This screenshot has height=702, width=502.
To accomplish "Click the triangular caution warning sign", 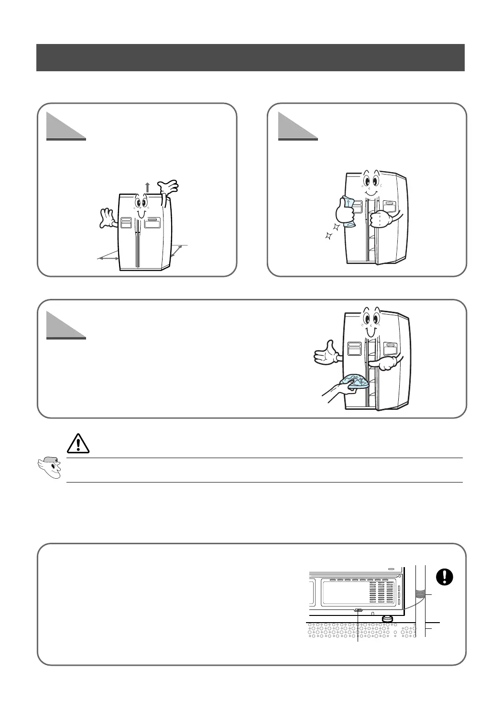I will pos(78,443).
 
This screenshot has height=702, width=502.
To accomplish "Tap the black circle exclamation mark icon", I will pos(444,577).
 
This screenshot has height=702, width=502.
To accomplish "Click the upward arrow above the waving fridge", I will pos(147,187).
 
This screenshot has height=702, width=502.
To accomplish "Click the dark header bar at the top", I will pos(251,57).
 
